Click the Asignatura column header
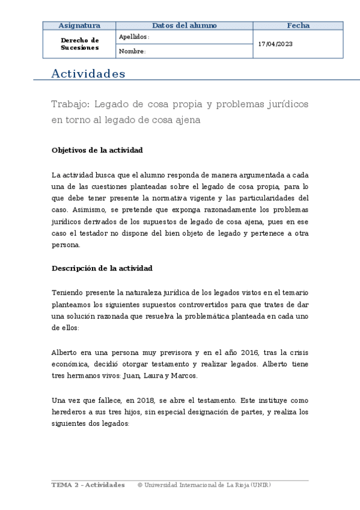pyautogui.click(x=79, y=25)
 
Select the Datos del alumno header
pyautogui.click(x=185, y=25)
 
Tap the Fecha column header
pyautogui.click(x=298, y=25)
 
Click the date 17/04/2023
pyautogui.click(x=275, y=44)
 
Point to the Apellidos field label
pyautogui.click(x=133, y=37)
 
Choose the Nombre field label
pyautogui.click(x=132, y=51)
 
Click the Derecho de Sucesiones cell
pyautogui.click(x=79, y=44)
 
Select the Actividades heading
pyautogui.click(x=88, y=74)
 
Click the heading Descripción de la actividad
pyautogui.click(x=102, y=268)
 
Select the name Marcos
pyautogui.click(x=184, y=376)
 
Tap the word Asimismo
pyautogui.click(x=90, y=209)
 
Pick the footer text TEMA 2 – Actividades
pyautogui.click(x=88, y=485)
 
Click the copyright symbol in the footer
pyautogui.click(x=140, y=485)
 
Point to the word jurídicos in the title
pyautogui.click(x=285, y=104)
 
